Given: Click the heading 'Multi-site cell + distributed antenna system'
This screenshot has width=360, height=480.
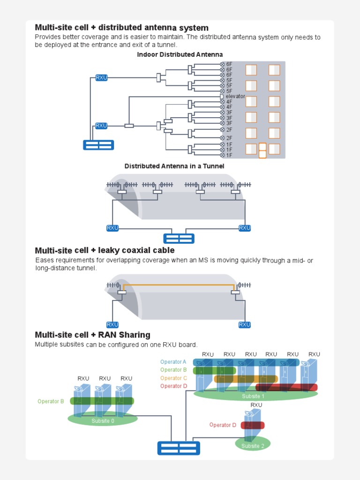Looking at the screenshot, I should [x=121, y=28].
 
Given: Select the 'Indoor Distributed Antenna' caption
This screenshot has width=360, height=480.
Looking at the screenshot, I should [x=180, y=55].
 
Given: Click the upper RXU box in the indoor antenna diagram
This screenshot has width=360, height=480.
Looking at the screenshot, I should [x=101, y=78].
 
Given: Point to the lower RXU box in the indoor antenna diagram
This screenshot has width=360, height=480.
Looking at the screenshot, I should [x=101, y=126].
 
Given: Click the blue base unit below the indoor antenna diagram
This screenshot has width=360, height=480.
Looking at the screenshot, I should [x=98, y=145].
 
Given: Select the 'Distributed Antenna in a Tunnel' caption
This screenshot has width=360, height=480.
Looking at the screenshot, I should [x=174, y=166].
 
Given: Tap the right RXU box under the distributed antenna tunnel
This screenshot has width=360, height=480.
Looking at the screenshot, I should [x=245, y=228].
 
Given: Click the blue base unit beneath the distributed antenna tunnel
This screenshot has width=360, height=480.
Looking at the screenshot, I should [x=179, y=238].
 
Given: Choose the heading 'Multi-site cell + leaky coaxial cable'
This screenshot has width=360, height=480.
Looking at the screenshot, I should [x=105, y=251].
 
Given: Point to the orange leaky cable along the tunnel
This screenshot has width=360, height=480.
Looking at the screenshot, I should [x=178, y=285].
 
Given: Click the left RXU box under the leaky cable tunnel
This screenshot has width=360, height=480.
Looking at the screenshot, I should [x=112, y=324].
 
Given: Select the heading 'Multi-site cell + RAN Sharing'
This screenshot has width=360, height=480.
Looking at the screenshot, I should [x=92, y=335].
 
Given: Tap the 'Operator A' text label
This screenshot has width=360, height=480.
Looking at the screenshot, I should [x=173, y=362].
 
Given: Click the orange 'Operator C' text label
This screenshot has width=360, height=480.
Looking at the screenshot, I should [x=173, y=378].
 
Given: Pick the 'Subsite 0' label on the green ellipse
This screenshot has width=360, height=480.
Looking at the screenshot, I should [x=103, y=421].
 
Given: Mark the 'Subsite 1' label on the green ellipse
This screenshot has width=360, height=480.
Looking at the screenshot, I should [x=253, y=396].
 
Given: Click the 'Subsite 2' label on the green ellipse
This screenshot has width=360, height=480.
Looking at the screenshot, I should [x=253, y=446].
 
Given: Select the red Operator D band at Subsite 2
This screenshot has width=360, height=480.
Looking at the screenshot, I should [x=253, y=425].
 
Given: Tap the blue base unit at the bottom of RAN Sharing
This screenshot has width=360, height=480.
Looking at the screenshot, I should [x=179, y=448].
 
